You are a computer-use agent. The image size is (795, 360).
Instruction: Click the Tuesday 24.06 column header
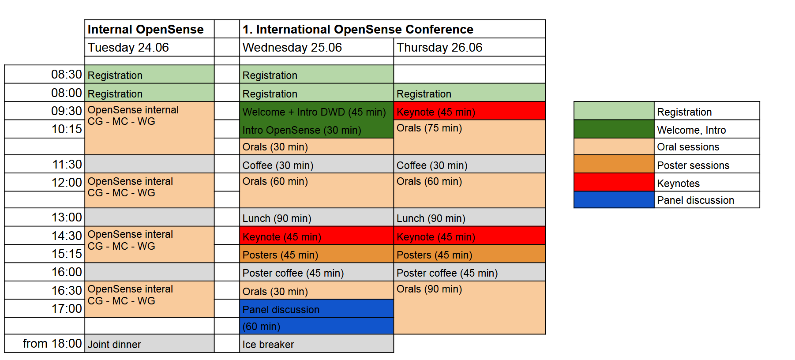pos(149,47)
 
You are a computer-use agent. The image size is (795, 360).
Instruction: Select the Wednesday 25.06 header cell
pos(316,47)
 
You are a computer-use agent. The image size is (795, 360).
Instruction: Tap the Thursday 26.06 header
pos(469,47)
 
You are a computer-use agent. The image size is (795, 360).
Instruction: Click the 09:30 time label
pos(67,111)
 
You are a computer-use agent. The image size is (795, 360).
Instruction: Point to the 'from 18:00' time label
pos(52,343)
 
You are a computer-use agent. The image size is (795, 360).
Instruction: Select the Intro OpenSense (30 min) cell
pos(316,129)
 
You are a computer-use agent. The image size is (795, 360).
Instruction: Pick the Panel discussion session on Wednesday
pos(316,317)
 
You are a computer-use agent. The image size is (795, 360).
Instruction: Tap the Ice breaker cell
pos(316,343)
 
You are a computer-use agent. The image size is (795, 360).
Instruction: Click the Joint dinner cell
pos(149,343)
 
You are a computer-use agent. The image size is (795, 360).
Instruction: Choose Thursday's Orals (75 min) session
pos(469,137)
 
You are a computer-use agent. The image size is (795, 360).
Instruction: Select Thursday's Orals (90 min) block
pos(469,307)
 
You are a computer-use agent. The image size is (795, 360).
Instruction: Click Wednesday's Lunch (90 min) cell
pos(316,217)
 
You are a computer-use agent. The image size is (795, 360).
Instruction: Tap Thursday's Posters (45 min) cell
pos(469,254)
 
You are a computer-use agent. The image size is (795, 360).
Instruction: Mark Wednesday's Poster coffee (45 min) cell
pos(316,272)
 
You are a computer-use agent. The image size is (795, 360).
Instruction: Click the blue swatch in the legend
pos(614,200)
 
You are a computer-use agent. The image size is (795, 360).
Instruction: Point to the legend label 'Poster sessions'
pos(693,165)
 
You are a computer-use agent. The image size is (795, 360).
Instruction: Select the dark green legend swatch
pos(614,129)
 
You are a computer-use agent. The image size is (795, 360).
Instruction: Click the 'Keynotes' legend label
pos(678,184)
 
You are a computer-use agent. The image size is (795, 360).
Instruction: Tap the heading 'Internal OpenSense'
pos(146,29)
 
